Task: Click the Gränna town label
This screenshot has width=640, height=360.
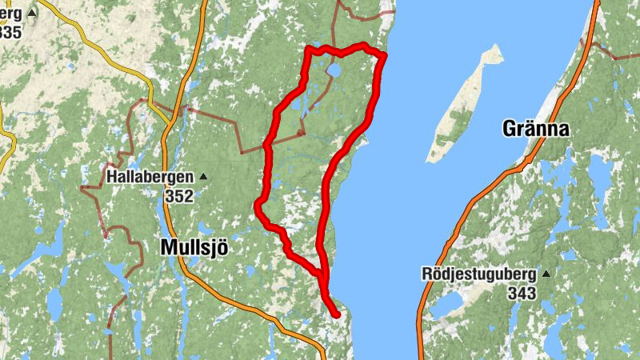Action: point(535,128)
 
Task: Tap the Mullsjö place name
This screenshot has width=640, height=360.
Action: point(194,247)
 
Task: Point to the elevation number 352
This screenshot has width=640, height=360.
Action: point(180,195)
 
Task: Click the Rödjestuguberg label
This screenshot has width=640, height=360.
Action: point(480,274)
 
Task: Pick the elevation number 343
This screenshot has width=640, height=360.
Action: point(521,294)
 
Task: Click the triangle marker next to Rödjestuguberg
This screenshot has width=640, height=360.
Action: point(546,274)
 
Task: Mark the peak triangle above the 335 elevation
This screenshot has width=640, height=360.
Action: point(32,14)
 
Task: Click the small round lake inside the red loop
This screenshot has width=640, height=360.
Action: point(334,72)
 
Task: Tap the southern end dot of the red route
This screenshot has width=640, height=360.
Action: point(337,314)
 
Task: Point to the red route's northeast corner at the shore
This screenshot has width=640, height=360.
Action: point(384,55)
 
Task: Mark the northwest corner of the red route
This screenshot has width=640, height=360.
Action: point(310,50)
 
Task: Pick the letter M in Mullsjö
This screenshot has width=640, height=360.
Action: point(168,247)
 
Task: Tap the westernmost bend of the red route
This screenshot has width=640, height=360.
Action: point(258,206)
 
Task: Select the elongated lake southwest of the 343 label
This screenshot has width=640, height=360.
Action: point(447,302)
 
